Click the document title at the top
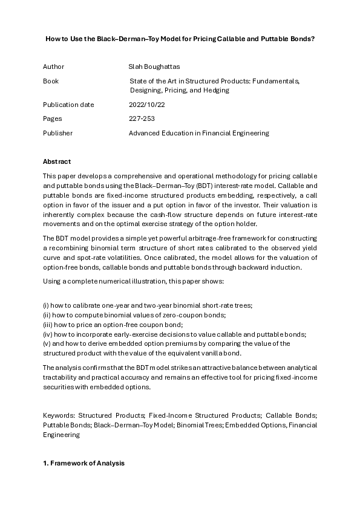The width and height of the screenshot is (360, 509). click(x=180, y=39)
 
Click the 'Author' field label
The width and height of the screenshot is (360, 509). click(x=53, y=66)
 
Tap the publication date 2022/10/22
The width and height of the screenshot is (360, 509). click(x=146, y=105)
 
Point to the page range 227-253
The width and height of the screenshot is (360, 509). click(x=142, y=118)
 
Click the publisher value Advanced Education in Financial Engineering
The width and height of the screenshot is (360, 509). click(x=198, y=133)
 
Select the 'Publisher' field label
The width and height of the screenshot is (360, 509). click(x=57, y=133)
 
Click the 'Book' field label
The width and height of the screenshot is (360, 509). click(x=51, y=80)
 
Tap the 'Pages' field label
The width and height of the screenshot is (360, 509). click(x=52, y=118)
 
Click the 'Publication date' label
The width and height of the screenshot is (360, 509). click(x=68, y=105)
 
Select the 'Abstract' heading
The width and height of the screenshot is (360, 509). click(x=56, y=161)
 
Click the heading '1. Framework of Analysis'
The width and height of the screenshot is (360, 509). click(x=83, y=463)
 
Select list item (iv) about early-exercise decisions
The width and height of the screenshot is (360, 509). click(x=175, y=334)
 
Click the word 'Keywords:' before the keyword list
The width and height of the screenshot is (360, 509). click(x=59, y=416)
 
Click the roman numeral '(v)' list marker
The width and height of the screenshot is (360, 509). click(x=47, y=343)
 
